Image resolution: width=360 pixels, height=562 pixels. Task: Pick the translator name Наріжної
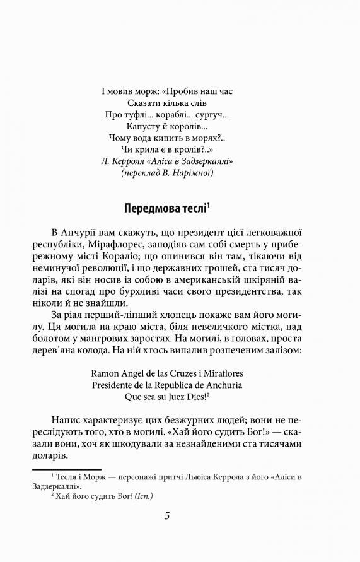(x=193, y=173)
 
